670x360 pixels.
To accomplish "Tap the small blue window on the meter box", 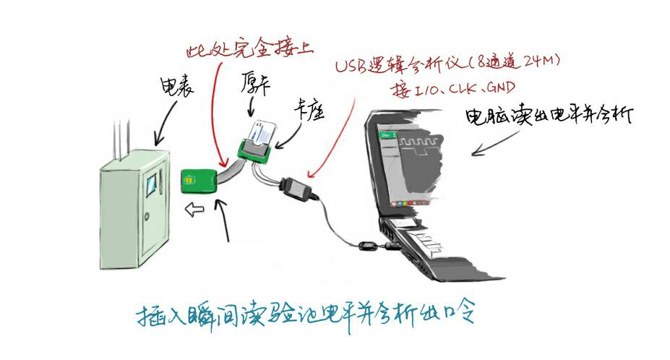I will tap(152, 187).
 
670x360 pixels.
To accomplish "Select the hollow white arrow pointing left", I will tap(192, 210).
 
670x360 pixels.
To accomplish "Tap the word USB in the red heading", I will tap(351, 66).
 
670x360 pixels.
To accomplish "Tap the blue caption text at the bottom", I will tap(304, 316).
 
